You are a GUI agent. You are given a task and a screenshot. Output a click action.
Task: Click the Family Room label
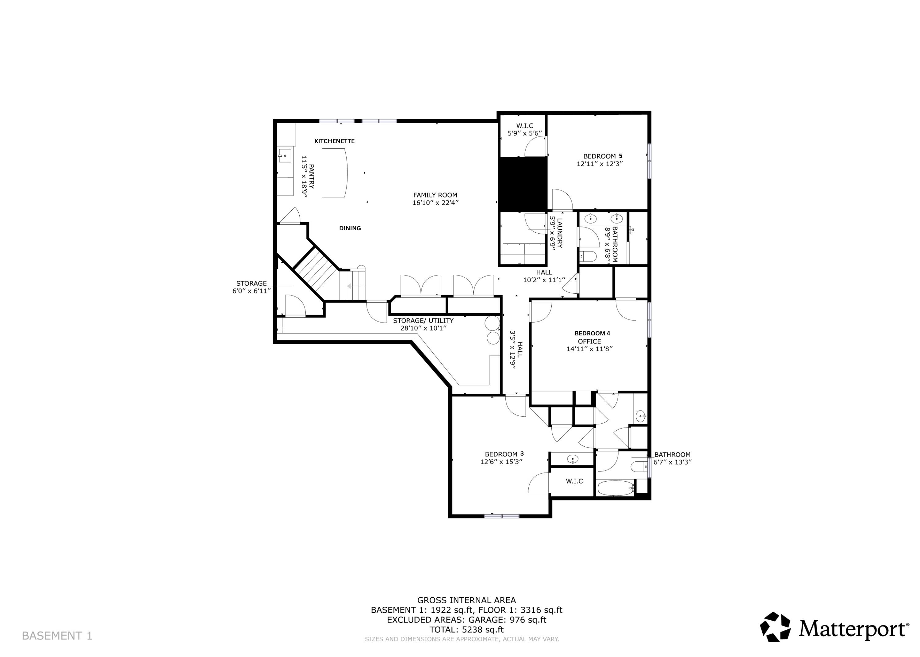tap(435, 195)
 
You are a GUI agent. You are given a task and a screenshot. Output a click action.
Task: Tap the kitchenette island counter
tap(334, 173)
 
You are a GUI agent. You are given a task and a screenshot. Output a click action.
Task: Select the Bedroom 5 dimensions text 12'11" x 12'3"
tap(599, 164)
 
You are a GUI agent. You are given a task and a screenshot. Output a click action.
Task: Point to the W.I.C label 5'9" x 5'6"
tap(524, 129)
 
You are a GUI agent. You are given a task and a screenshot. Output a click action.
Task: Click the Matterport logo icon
tap(775, 627)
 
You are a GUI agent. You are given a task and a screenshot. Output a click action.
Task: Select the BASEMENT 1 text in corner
tap(57, 636)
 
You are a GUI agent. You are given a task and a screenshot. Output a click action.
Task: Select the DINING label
tap(350, 228)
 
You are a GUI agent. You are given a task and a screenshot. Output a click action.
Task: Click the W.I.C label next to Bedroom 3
tap(574, 481)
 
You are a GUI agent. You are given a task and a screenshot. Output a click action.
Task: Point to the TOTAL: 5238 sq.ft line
tap(466, 629)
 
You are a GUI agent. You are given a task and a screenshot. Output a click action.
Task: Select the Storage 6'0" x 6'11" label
tap(251, 287)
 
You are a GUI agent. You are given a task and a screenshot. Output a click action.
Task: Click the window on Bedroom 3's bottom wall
tap(501, 516)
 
